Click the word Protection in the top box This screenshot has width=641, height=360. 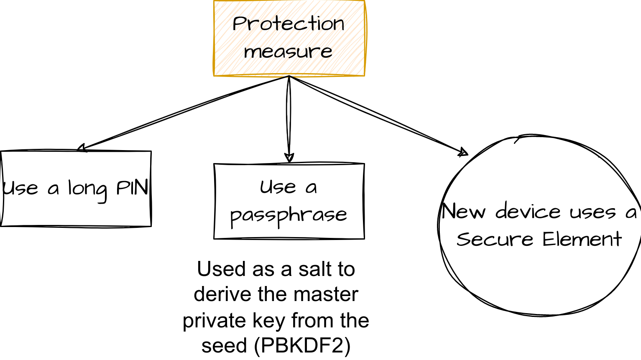288,24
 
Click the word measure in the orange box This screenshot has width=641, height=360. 288,52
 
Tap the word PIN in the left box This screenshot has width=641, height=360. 132,188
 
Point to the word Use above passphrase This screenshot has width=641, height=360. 277,187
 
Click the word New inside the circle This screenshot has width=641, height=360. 463,211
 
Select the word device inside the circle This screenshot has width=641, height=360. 528,211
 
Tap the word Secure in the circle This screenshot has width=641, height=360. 495,240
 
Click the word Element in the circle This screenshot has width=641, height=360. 582,240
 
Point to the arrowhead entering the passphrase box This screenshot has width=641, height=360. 289,158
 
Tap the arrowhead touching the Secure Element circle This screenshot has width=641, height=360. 463,152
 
